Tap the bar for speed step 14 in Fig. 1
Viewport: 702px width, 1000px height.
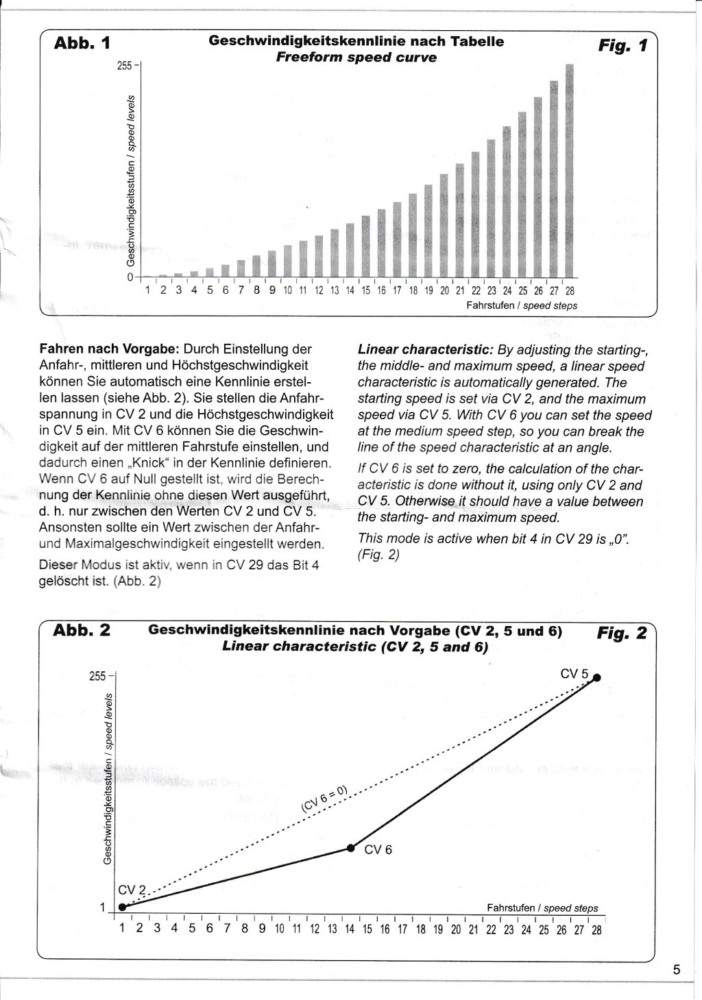[350, 249]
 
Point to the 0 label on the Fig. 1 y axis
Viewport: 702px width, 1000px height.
[130, 277]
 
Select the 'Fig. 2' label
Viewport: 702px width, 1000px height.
[622, 633]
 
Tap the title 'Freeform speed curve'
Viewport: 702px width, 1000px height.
[356, 58]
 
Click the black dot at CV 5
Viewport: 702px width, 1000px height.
[597, 677]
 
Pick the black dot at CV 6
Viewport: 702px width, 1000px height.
[351, 848]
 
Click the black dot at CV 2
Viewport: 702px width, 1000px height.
[123, 907]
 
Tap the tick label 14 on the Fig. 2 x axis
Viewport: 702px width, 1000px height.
[350, 929]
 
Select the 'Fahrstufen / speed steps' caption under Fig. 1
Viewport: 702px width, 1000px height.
[522, 305]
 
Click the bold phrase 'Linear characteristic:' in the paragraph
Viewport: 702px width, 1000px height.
[425, 349]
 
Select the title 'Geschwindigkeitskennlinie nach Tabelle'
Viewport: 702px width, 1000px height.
[356, 41]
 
